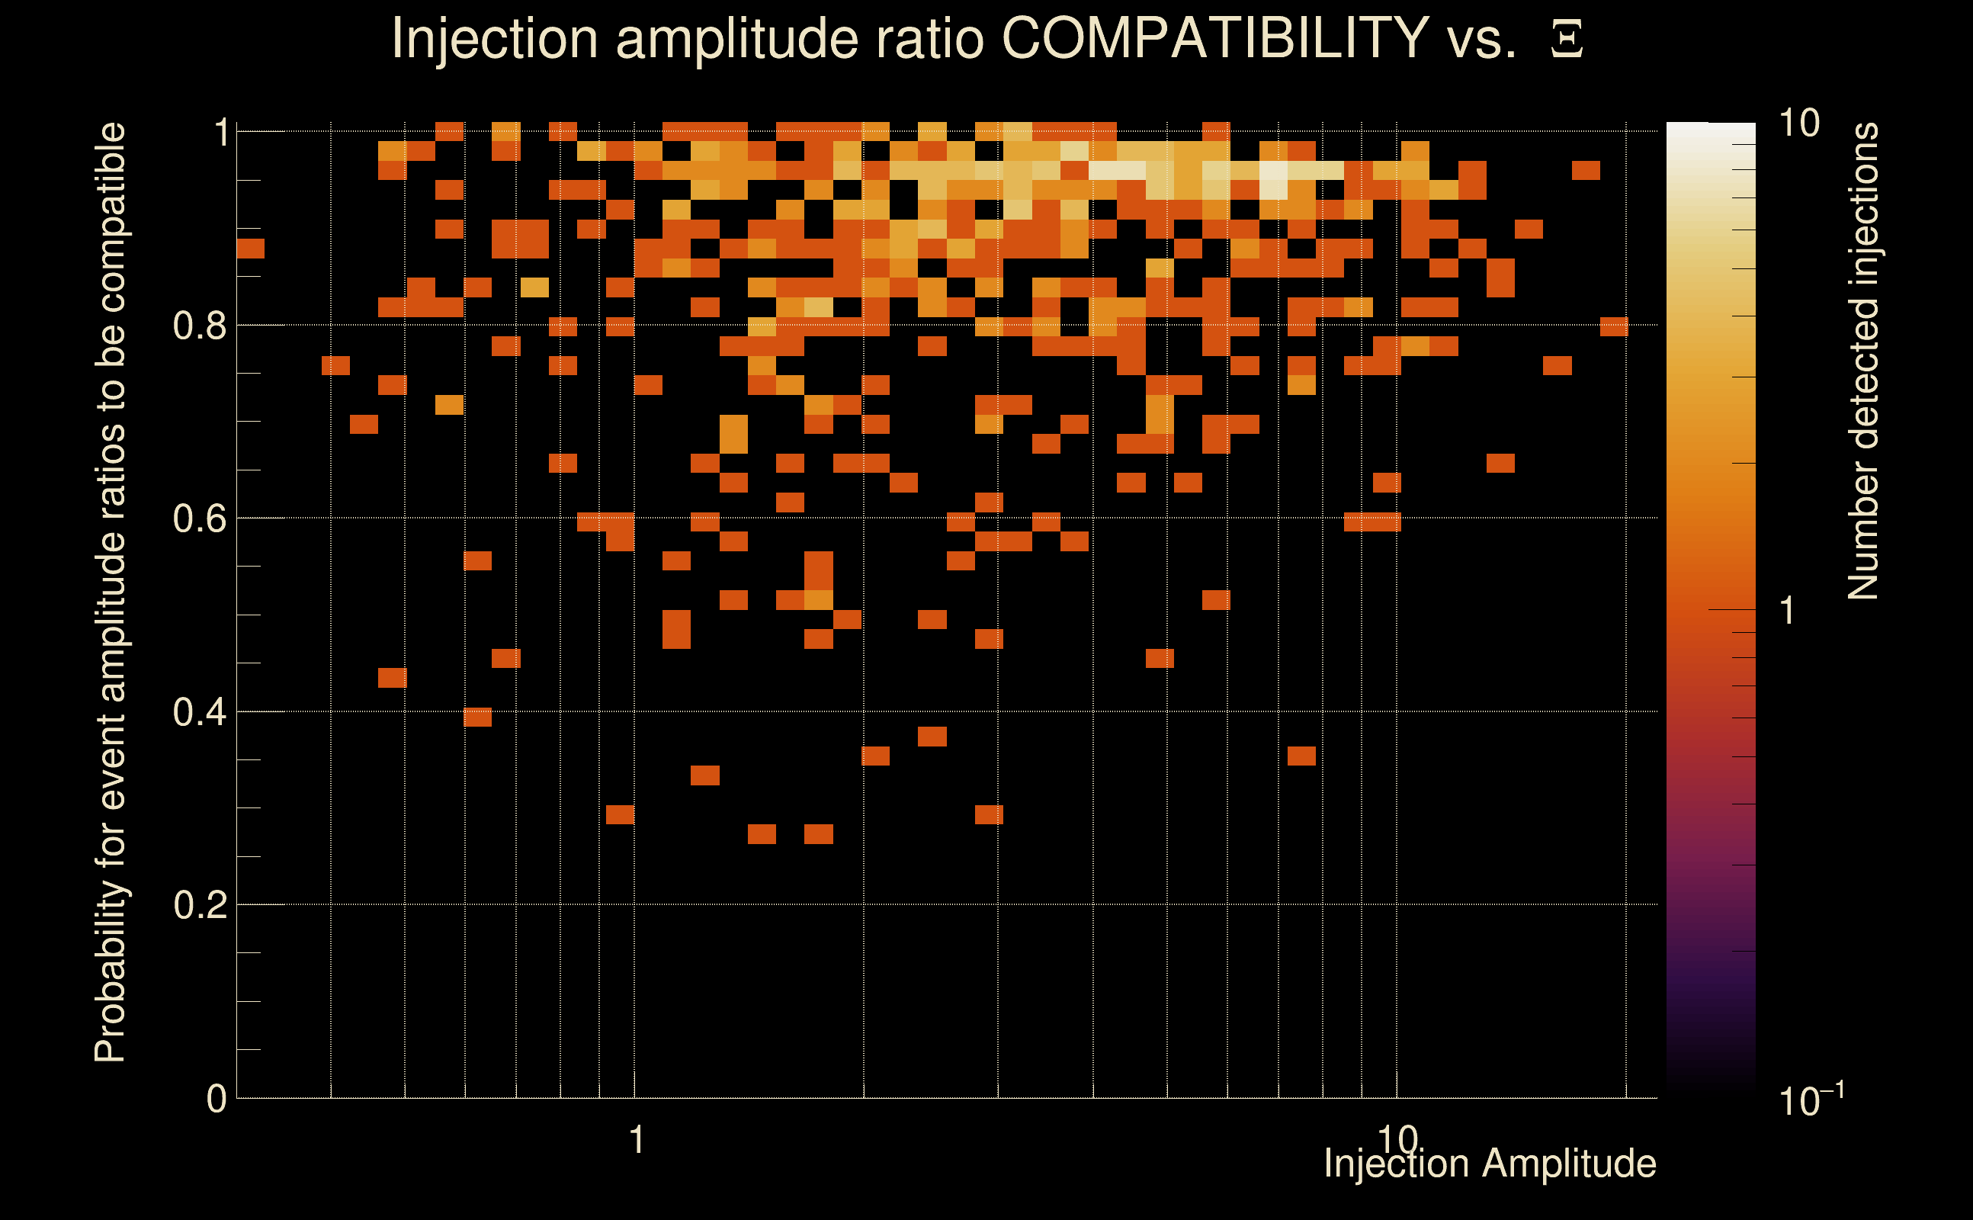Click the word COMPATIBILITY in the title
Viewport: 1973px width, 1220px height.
pos(1214,38)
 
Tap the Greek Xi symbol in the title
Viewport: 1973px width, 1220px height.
pos(1567,40)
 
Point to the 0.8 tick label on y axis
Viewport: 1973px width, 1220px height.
pos(200,326)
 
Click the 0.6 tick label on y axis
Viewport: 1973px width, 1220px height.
pos(200,518)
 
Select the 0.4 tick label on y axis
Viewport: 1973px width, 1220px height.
pos(200,712)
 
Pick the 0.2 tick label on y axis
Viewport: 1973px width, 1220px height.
pos(200,905)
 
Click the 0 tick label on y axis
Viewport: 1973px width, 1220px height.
pos(217,1099)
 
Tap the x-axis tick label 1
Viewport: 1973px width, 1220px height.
pos(637,1140)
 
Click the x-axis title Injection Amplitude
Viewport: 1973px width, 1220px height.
pos(1490,1164)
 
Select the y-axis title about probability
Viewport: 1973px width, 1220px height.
pos(111,592)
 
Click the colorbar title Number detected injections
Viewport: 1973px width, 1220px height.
pos(1863,361)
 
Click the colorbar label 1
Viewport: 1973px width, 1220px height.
pos(1787,611)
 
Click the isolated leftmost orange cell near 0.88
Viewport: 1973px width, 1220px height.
pos(250,249)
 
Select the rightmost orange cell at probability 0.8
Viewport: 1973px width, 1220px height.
pos(1614,327)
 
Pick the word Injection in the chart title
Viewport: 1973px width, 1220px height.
pos(494,38)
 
